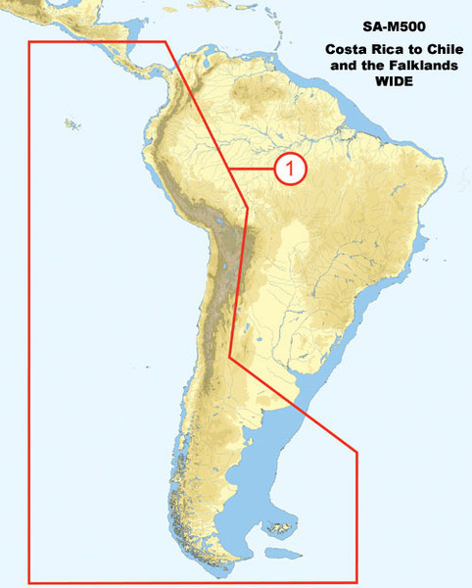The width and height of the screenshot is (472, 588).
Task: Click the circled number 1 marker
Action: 290,169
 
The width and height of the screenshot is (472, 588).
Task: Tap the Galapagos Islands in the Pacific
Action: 71,123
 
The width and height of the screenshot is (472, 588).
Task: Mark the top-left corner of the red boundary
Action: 28,42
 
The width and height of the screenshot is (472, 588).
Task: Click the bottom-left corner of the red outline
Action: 28,582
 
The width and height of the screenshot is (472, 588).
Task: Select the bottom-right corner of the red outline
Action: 357,582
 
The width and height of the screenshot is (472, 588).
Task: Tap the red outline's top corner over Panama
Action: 165,42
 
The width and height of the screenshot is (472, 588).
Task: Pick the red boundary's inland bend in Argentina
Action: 231,356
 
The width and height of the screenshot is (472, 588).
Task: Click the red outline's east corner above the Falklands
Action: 357,452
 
